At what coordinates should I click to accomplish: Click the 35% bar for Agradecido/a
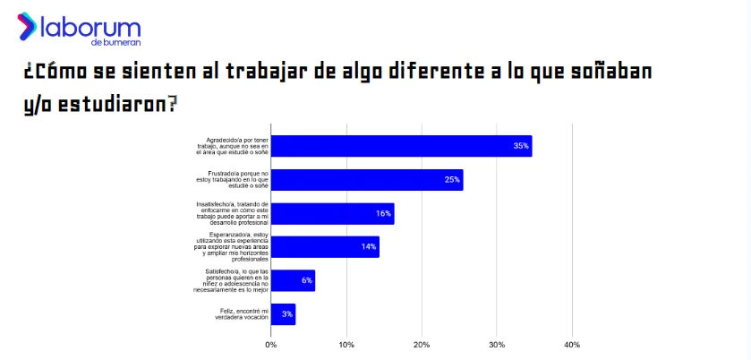tap(401, 146)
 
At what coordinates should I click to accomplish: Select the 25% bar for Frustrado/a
tap(367, 180)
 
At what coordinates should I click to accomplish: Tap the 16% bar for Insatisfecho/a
tap(332, 214)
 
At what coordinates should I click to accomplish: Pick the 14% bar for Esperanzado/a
tap(325, 247)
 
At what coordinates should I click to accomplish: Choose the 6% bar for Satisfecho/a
tap(293, 280)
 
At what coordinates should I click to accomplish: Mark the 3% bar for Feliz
tap(283, 314)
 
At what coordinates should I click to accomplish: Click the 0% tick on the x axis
tap(271, 344)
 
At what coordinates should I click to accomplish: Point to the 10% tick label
tap(346, 344)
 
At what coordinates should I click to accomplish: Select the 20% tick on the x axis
tap(422, 344)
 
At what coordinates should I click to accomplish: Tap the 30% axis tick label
tap(497, 344)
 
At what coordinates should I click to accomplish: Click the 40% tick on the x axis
tap(572, 344)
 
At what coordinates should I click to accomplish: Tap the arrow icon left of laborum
tap(28, 26)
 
